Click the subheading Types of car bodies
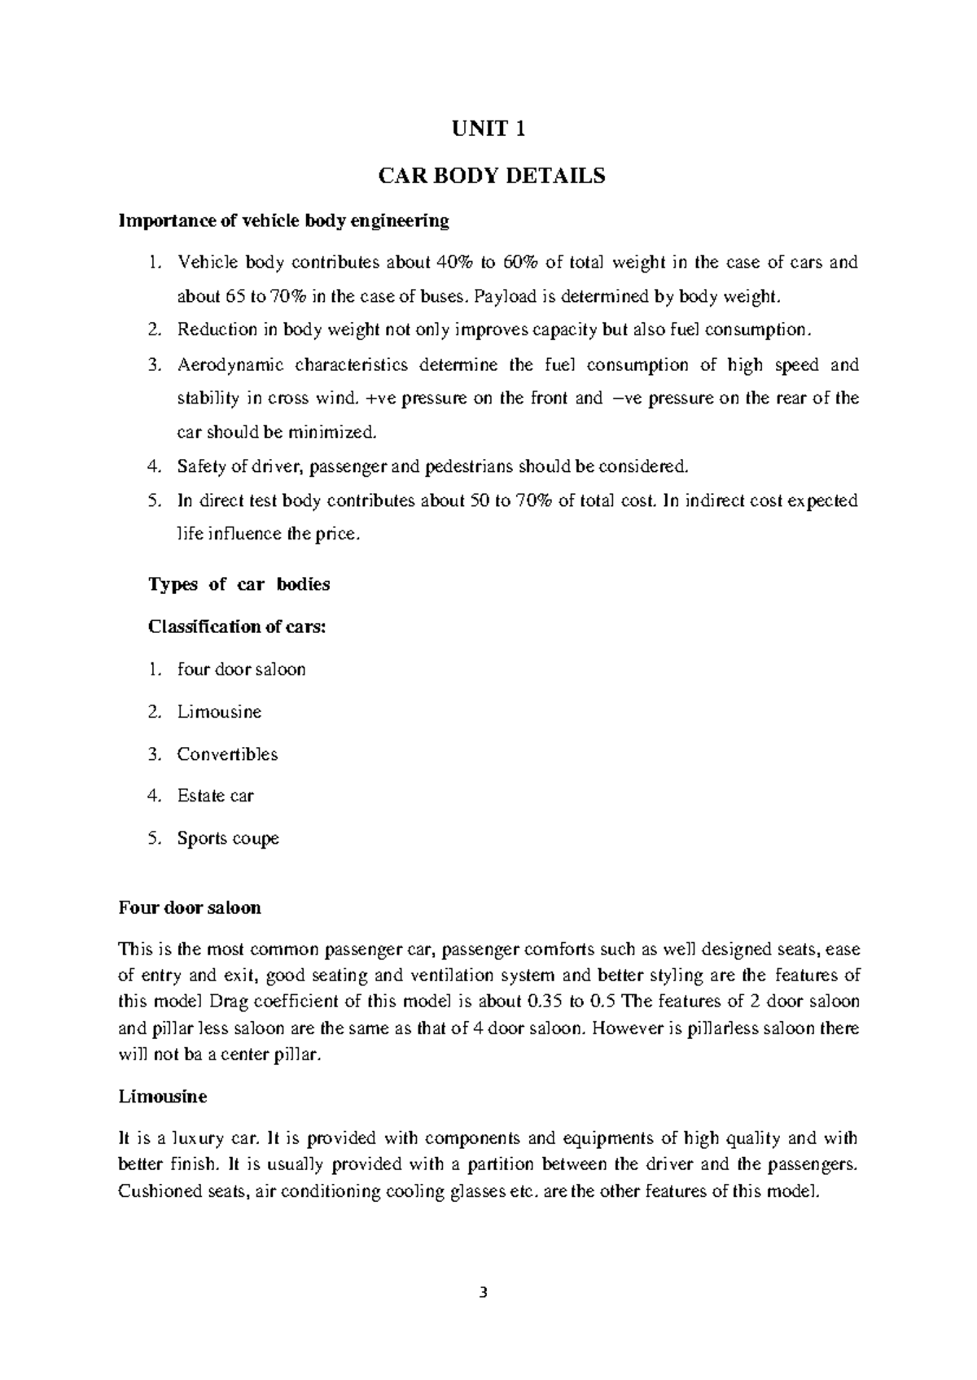point(239,584)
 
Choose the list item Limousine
point(219,712)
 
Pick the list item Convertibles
point(227,754)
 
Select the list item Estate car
point(215,796)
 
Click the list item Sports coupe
point(228,838)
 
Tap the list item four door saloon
point(241,670)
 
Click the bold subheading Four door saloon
point(190,907)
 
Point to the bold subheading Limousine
point(163,1097)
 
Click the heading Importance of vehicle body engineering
point(283,221)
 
